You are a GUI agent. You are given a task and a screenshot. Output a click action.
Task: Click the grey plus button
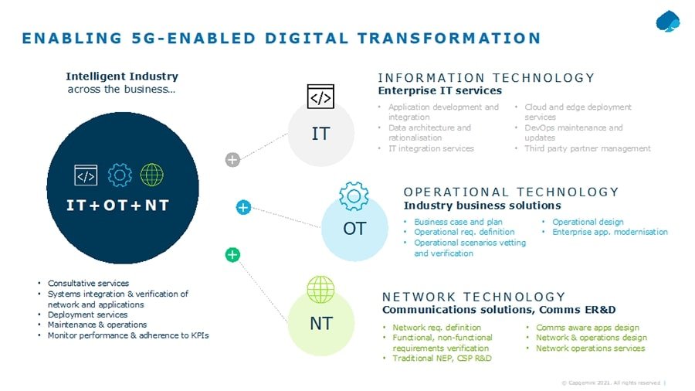tap(232, 160)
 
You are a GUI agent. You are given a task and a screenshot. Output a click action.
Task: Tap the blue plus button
tap(243, 207)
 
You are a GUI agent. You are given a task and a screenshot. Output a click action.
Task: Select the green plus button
tap(232, 254)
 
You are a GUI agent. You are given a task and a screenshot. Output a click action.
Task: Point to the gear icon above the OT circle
tap(354, 196)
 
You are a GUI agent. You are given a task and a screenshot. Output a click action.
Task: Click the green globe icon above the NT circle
tap(320, 290)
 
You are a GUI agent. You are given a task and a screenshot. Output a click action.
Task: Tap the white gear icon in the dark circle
tap(120, 175)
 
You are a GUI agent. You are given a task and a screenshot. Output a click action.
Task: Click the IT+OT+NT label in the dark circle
tap(117, 205)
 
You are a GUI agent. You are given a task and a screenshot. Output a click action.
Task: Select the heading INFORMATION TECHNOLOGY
tap(486, 78)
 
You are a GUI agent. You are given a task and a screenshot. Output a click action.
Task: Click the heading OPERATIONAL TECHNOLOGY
tap(511, 192)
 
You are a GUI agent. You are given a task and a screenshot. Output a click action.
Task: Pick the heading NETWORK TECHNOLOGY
tap(474, 297)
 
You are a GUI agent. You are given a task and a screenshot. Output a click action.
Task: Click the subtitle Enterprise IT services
tap(439, 91)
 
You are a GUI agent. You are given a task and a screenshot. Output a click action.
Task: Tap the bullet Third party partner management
tap(588, 148)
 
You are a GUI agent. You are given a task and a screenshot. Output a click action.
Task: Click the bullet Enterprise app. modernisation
tap(610, 232)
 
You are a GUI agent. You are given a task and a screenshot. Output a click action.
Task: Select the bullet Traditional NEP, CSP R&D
tap(442, 359)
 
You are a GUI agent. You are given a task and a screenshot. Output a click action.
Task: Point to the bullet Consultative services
tap(88, 284)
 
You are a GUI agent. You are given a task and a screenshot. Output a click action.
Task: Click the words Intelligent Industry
tap(122, 76)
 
